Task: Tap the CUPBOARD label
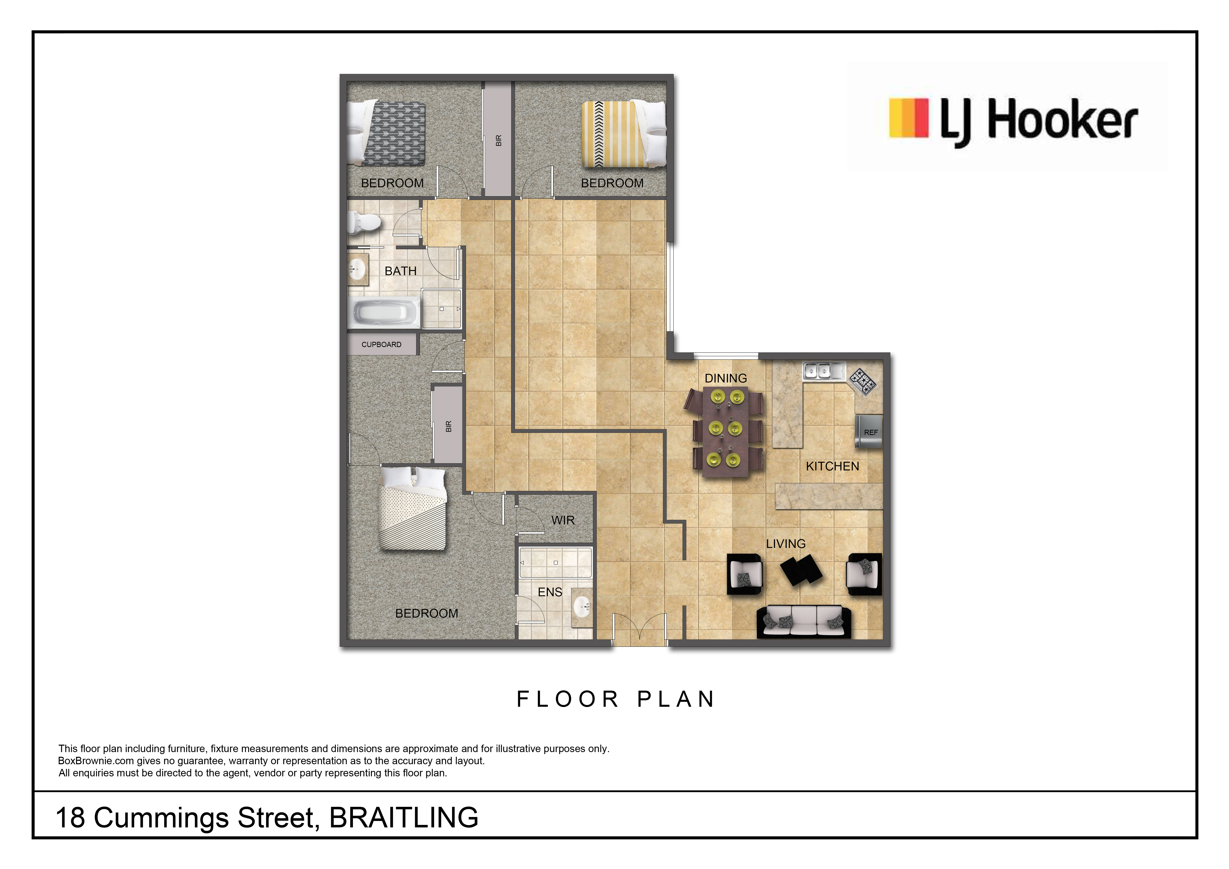[x=381, y=344]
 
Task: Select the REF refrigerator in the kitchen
[x=868, y=431]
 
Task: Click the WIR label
[x=562, y=520]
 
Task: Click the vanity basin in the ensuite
[x=581, y=607]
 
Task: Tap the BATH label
[x=401, y=271]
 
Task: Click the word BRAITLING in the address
[x=404, y=818]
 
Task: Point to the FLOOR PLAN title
[x=615, y=699]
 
